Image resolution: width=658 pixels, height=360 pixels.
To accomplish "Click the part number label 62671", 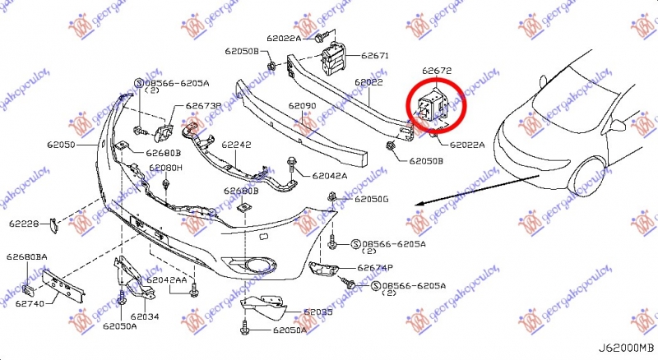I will [x=373, y=57].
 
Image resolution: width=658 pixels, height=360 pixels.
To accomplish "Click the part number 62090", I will [x=302, y=107].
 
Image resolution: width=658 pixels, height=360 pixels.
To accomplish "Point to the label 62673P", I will [x=203, y=106].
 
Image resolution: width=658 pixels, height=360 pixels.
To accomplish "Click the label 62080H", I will [x=165, y=168].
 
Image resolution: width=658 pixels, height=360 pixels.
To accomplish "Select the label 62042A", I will [x=330, y=175].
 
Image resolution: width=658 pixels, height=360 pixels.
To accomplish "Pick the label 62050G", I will [x=372, y=200].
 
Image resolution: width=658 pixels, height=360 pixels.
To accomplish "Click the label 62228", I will [x=25, y=224].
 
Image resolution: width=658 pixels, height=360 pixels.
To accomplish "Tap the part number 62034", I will [x=143, y=316].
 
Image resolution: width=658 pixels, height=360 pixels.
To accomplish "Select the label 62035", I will [x=318, y=312].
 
